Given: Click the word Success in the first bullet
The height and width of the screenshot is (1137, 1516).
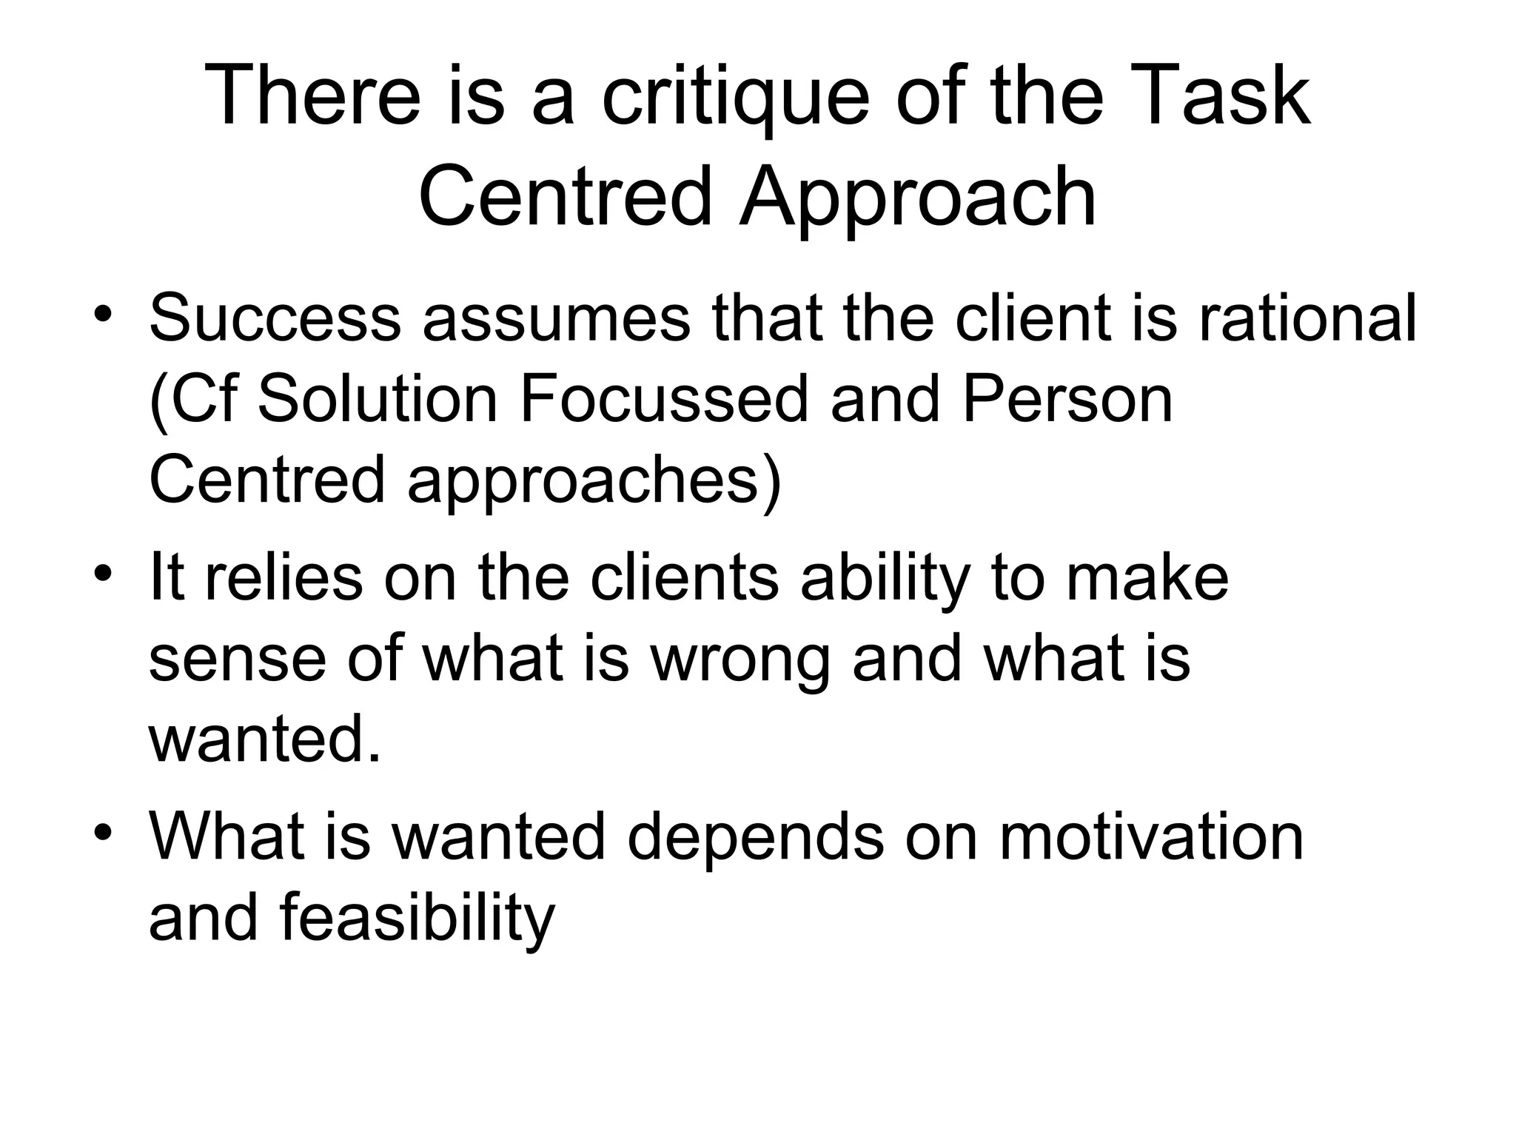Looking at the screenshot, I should coord(275,318).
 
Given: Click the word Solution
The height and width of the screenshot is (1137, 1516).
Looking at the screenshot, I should coord(378,400).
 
